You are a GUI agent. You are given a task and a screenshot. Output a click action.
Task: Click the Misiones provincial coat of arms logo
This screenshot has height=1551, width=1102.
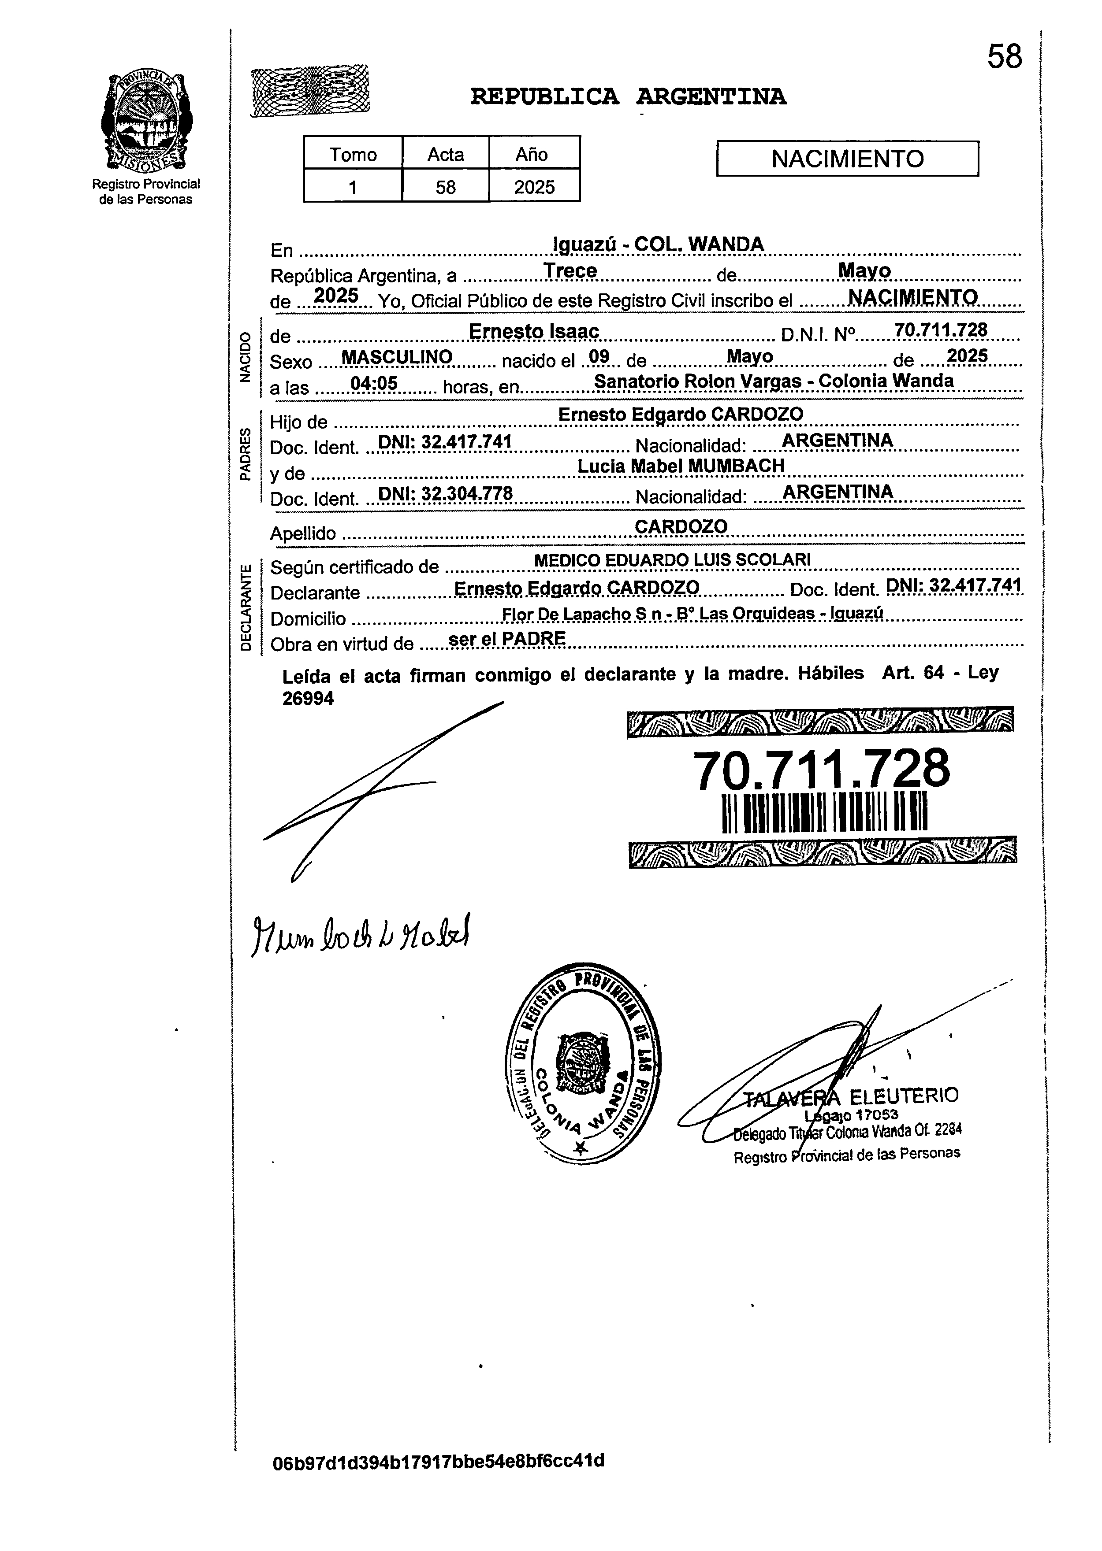tap(146, 122)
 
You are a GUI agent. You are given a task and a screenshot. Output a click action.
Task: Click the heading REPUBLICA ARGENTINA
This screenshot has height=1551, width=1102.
tap(628, 97)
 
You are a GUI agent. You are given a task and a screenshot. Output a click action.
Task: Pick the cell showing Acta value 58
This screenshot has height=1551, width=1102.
tap(445, 186)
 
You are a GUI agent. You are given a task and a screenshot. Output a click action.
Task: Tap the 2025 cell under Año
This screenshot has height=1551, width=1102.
tap(534, 186)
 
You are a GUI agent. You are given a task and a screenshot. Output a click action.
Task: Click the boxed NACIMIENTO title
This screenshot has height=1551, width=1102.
tap(848, 159)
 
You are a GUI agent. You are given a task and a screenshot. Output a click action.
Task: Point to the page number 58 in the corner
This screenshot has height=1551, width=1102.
tap(1004, 57)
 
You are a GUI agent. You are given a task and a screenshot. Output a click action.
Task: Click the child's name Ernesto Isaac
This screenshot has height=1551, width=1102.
tap(534, 332)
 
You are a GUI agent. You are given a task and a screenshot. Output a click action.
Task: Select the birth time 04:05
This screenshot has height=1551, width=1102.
tap(373, 384)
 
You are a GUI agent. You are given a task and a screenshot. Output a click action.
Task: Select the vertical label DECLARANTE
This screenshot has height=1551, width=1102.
tap(246, 606)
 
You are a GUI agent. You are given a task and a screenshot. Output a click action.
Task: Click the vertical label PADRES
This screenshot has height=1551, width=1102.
tap(246, 452)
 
